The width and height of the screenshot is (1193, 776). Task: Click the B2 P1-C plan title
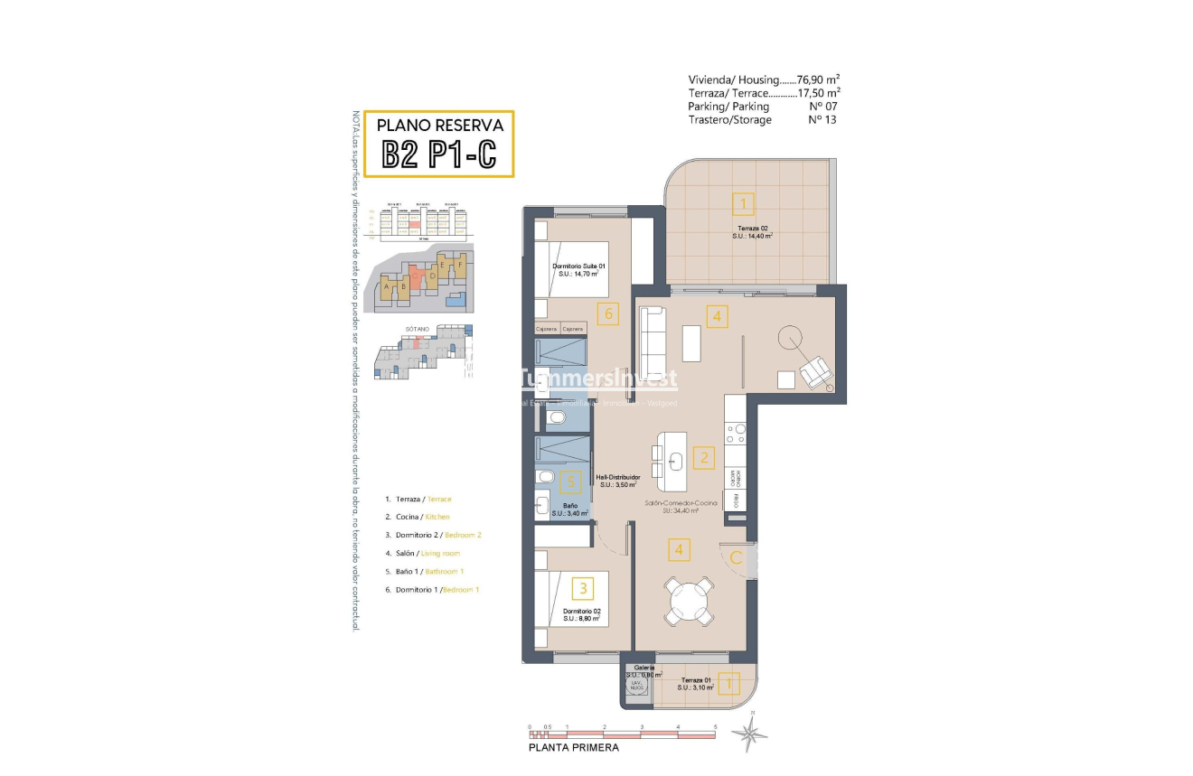pos(439,154)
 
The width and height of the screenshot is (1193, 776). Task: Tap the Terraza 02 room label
pos(752,231)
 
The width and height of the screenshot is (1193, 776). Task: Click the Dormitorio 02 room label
pos(582,614)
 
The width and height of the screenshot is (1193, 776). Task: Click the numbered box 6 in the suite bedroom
pos(609,314)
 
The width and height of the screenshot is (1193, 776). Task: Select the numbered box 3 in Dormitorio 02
pos(585,589)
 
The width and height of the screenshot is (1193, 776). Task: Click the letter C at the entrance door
pos(736,558)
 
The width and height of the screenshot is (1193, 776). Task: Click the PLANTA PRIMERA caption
pos(574,747)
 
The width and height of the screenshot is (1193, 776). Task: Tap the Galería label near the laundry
pos(643,668)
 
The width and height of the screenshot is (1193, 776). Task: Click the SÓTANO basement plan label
pos(417,330)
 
